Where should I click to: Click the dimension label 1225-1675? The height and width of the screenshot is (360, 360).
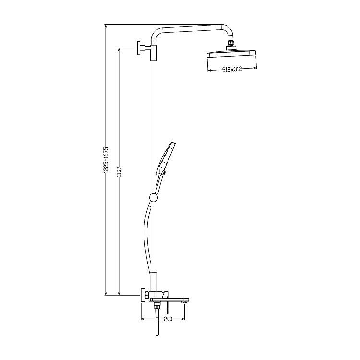(x=106, y=160)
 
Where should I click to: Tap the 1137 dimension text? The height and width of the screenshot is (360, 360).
(x=119, y=172)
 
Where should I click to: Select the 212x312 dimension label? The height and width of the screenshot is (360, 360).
(x=232, y=69)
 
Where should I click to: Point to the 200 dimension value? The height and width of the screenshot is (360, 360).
(x=168, y=319)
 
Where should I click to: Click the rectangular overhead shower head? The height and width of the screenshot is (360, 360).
(x=231, y=54)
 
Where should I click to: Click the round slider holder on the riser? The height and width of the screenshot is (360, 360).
(x=153, y=197)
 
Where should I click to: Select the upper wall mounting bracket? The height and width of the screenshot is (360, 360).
(x=143, y=48)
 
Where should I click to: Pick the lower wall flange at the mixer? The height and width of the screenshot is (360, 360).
(x=143, y=295)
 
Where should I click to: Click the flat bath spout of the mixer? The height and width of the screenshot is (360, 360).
(x=170, y=300)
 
